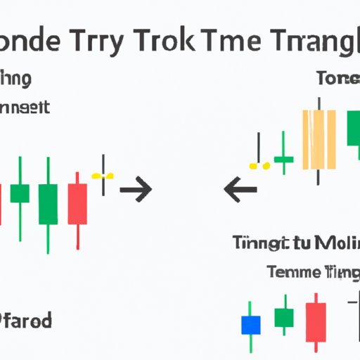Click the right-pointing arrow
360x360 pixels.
pos(136,189)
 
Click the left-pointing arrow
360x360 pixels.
pos(239,189)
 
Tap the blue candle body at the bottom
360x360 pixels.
pos(250,324)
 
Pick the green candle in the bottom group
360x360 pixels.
pos(283,319)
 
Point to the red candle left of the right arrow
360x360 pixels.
pos(77,203)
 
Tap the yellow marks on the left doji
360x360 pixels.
pos(103,174)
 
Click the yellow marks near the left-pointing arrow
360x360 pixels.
pos(259,166)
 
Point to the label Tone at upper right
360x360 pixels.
pos(337,78)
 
